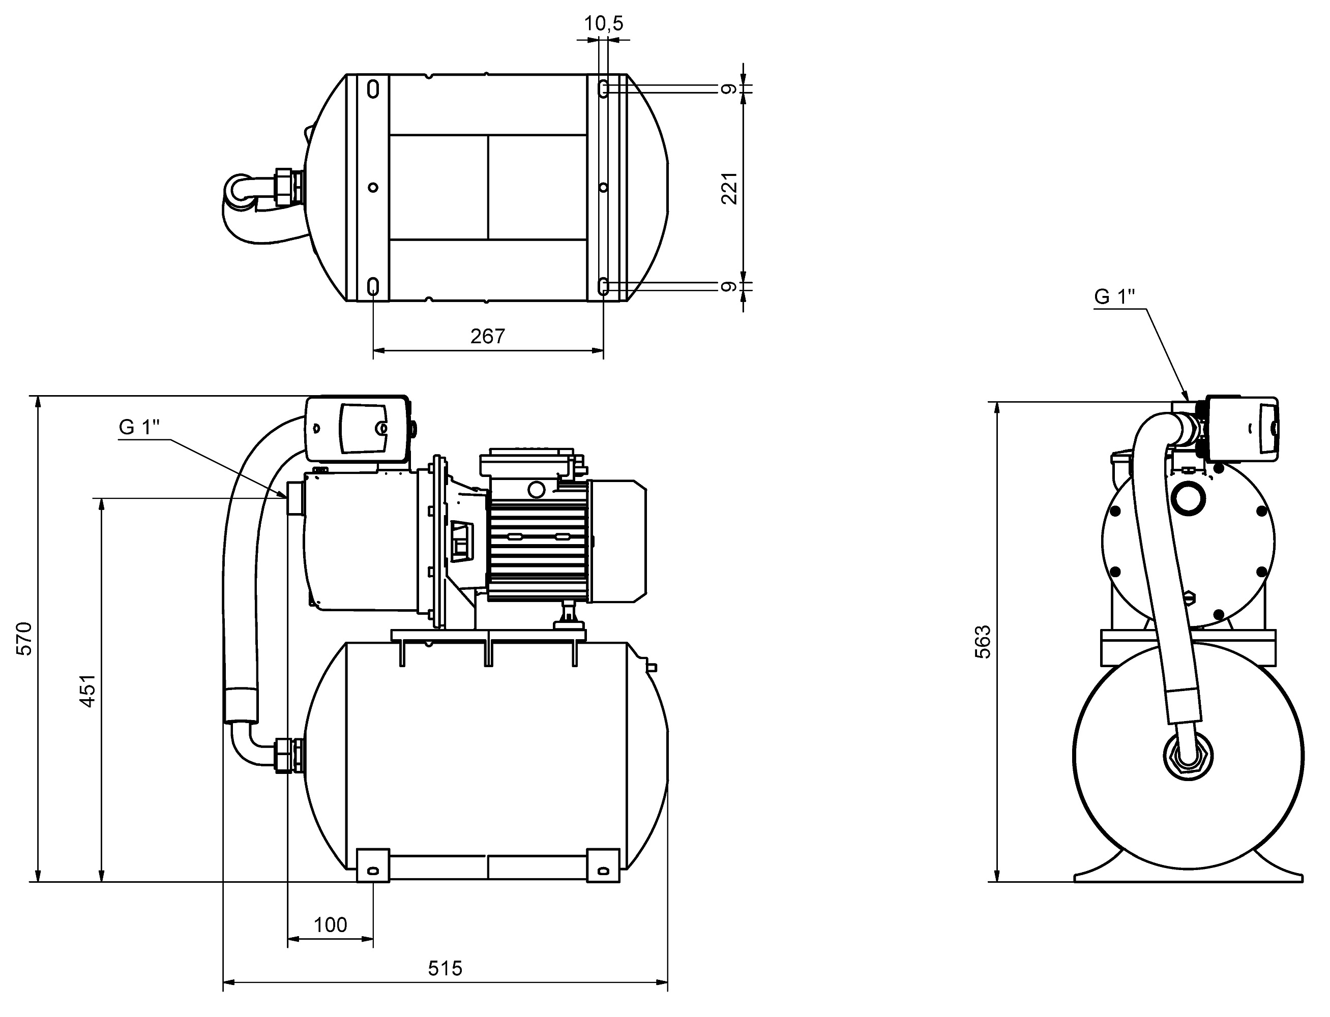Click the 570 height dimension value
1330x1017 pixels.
coord(24,638)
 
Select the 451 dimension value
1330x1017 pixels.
coord(88,691)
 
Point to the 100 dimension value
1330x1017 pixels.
coord(331,924)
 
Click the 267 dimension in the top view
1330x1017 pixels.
coord(487,336)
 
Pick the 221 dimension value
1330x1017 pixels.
coord(730,188)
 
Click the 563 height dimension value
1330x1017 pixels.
coord(983,642)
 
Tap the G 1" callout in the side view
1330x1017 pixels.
coord(139,427)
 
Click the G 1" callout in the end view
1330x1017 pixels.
coord(1114,296)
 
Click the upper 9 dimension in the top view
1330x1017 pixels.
coord(730,89)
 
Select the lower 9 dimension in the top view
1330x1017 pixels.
coord(730,286)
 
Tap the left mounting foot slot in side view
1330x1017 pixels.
coord(373,871)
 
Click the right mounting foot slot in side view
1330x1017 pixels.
coord(603,871)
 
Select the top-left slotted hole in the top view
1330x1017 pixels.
coord(373,89)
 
